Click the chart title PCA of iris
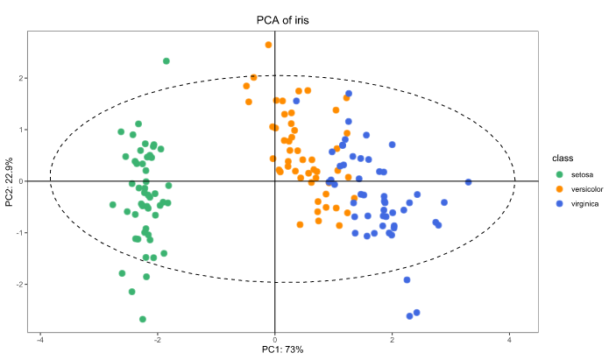pyautogui.click(x=282, y=20)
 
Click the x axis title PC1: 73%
pyautogui.click(x=282, y=350)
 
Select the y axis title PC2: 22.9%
pyautogui.click(x=10, y=181)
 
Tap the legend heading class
pyautogui.click(x=562, y=159)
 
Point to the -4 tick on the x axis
pyautogui.click(x=40, y=339)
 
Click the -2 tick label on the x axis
pyautogui.click(x=158, y=339)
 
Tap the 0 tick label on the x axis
pyautogui.click(x=275, y=339)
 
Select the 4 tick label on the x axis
pyautogui.click(x=510, y=339)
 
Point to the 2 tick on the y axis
pyautogui.click(x=21, y=78)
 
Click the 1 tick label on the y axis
pyautogui.click(x=21, y=130)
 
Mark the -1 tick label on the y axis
pyautogui.click(x=19, y=233)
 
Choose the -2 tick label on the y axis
pyautogui.click(x=19, y=285)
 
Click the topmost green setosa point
pyautogui.click(x=166, y=61)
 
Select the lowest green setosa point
pyautogui.click(x=143, y=319)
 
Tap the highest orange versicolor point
pyautogui.click(x=268, y=45)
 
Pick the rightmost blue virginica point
pyautogui.click(x=468, y=182)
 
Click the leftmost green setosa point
pyautogui.click(x=113, y=205)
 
